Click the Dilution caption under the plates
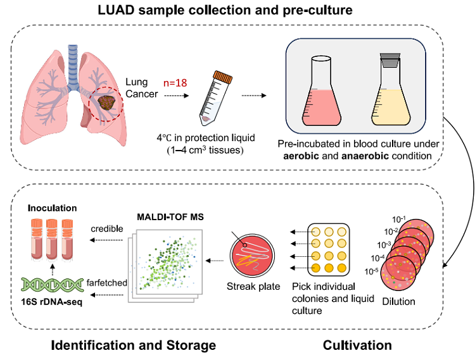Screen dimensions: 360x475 tap(399, 301)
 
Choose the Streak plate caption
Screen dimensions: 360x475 tap(253, 287)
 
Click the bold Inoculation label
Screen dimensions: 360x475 tap(52, 207)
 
